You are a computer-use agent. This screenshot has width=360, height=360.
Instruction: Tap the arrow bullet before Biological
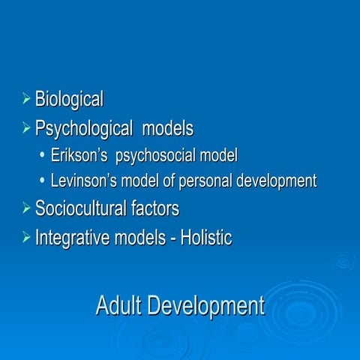[27, 97]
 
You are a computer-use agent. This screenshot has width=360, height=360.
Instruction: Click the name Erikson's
[79, 156]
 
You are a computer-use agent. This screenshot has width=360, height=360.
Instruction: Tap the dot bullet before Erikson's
[43, 156]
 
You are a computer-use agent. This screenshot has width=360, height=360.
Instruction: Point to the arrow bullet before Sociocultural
[27, 208]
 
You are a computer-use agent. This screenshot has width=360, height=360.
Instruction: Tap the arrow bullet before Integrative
[27, 238]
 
